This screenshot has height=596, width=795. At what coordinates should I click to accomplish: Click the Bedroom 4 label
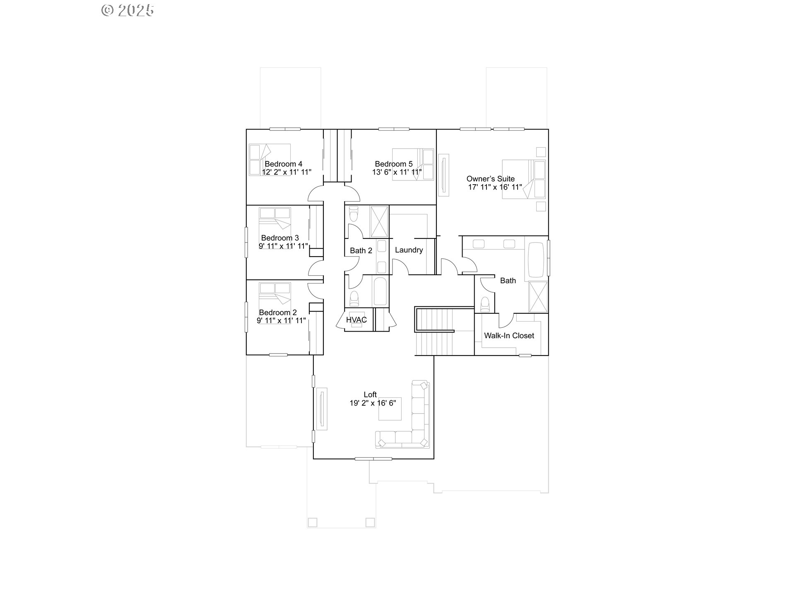(284, 164)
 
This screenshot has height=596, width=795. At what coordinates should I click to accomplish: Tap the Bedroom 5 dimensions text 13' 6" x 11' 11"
(397, 172)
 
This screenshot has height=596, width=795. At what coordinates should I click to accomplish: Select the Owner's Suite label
(491, 179)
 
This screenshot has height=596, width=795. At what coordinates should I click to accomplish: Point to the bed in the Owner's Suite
(524, 179)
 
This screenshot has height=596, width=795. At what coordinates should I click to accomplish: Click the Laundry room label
(409, 250)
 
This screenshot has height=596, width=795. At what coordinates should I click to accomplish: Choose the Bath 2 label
(361, 250)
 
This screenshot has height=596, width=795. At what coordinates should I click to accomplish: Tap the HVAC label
(356, 320)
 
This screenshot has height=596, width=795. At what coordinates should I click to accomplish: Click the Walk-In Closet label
(509, 336)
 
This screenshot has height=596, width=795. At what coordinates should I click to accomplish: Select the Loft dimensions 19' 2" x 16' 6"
(373, 403)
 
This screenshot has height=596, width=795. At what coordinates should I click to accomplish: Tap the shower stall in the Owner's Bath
(538, 297)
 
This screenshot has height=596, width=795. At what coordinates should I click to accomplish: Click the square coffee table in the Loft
(390, 409)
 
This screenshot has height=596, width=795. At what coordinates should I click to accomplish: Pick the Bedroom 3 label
(280, 238)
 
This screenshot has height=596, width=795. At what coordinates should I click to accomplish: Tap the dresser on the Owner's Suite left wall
(443, 175)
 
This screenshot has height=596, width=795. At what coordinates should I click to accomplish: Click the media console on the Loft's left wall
(321, 409)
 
